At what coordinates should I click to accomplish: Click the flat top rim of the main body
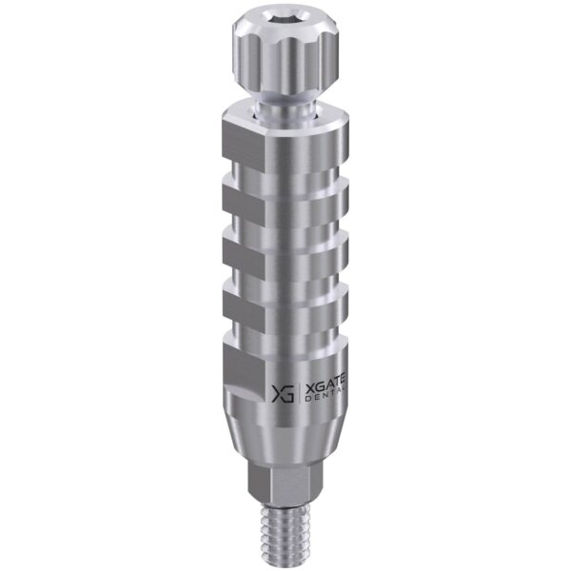tap(285, 116)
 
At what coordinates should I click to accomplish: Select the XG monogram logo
tap(283, 393)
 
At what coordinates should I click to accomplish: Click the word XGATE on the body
tap(324, 389)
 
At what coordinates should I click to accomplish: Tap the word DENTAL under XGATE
tap(324, 400)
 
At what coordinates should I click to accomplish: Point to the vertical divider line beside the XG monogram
tap(299, 393)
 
